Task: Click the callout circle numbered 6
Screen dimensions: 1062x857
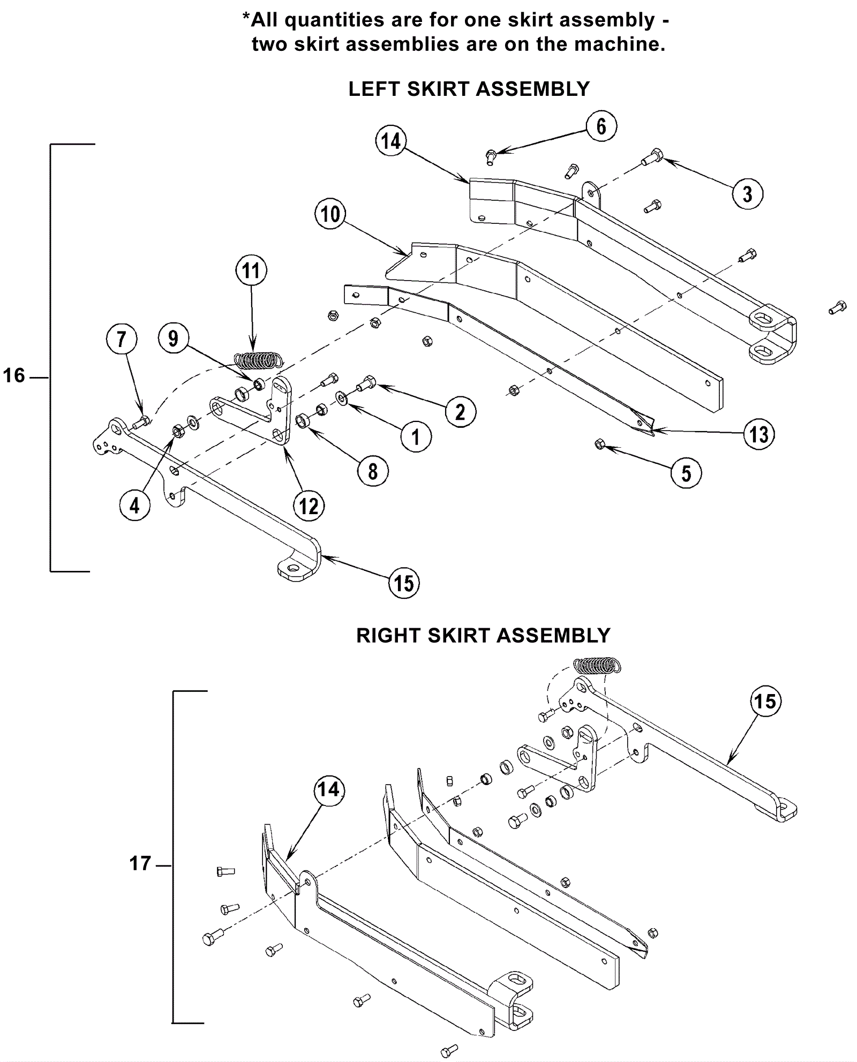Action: point(601,127)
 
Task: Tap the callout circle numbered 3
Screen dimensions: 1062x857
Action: point(747,194)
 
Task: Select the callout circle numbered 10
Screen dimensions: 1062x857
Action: point(330,214)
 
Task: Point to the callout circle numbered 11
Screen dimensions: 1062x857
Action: point(251,271)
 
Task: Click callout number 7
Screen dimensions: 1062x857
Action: point(122,340)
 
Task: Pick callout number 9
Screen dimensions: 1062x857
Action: point(173,338)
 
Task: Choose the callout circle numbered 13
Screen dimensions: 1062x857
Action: point(759,434)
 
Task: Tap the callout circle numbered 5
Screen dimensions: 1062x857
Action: point(686,473)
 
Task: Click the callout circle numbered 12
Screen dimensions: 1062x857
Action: point(309,506)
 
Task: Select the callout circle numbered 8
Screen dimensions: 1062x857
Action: point(373,472)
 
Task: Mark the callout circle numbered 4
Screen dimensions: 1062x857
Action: point(134,505)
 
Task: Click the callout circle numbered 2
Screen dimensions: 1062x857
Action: point(460,412)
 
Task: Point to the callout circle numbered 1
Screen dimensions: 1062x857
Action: point(416,437)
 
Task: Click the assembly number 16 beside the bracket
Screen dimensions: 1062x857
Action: point(14,376)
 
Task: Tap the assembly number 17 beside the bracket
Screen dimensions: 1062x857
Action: point(140,863)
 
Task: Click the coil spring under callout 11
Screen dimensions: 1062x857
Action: point(257,360)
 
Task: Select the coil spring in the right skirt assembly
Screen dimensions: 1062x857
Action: point(597,666)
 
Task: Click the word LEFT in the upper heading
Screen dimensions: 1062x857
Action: point(375,89)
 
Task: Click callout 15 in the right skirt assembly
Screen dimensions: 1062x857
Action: point(765,701)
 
